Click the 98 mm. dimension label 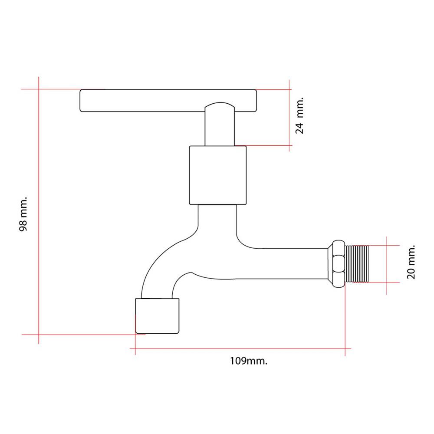coord(23,214)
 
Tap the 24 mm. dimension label coord(299,115)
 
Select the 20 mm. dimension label coord(411,262)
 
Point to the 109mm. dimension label coord(249,361)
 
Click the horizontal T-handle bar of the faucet coord(168,101)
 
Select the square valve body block coord(218,175)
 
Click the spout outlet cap coord(157,316)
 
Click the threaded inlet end coord(357,264)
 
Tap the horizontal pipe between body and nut coord(285,263)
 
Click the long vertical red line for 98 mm coord(39,210)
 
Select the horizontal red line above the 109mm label coord(240,349)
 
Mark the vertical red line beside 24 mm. coord(289,116)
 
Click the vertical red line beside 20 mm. coord(386,266)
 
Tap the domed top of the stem coord(220,105)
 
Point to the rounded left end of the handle coord(81,101)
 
